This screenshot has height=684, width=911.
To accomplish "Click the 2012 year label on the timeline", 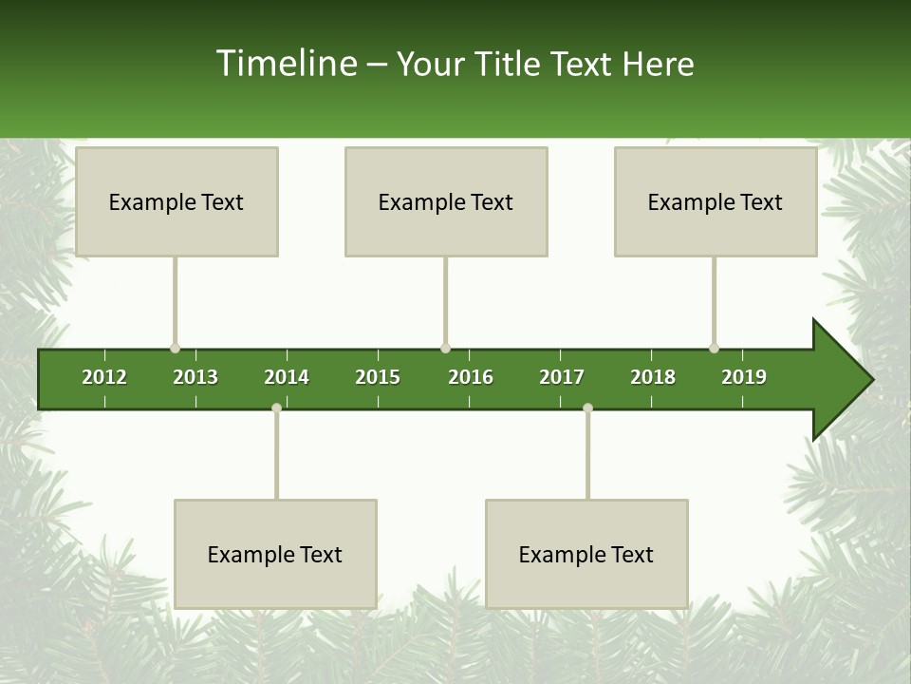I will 104,377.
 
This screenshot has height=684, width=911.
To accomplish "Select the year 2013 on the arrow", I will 195,377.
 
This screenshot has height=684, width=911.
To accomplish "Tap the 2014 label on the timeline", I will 287,377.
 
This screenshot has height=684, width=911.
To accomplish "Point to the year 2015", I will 378,377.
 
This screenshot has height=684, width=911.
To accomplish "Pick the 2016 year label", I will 471,377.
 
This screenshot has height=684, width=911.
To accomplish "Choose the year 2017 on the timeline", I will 562,377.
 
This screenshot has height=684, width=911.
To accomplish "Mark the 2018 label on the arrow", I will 653,377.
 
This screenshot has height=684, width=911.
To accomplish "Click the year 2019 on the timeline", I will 744,377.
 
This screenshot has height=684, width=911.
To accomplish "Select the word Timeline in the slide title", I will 286,64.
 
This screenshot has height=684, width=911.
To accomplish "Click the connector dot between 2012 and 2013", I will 175,348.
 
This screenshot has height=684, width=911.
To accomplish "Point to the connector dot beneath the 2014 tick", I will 276,408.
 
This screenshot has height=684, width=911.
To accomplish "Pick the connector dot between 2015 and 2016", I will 445,348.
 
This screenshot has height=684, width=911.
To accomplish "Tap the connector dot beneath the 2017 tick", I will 587,408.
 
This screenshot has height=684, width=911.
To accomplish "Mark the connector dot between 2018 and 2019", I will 714,348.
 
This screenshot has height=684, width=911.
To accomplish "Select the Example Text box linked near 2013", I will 177,201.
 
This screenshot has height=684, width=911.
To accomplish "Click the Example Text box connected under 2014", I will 275,554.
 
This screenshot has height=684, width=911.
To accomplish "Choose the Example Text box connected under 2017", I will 586,554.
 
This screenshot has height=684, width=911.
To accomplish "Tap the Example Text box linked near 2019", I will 716,201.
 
